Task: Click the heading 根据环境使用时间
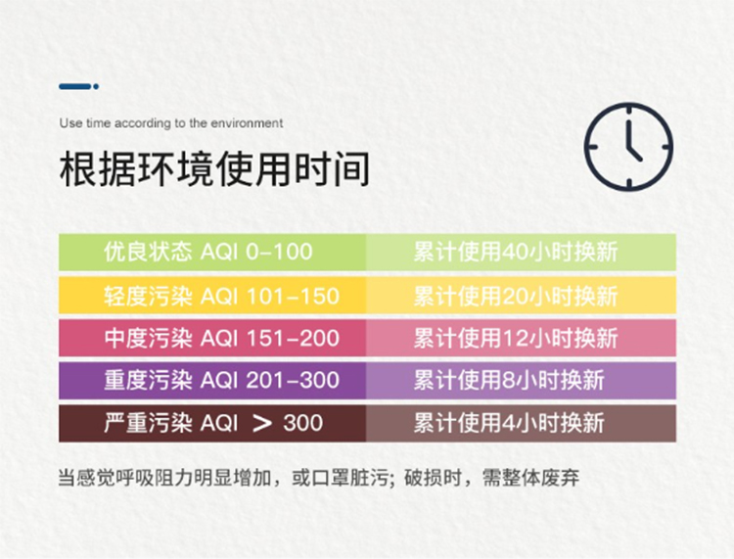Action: (215, 168)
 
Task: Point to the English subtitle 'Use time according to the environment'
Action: (171, 123)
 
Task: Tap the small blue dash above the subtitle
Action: (78, 86)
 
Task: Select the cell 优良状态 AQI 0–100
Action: (212, 252)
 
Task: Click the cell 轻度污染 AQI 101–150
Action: (212, 295)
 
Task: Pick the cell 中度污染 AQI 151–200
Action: (212, 338)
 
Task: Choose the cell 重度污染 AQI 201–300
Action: (212, 380)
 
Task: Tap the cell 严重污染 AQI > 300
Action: (212, 423)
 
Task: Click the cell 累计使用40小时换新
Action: (521, 252)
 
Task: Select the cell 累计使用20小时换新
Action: (521, 295)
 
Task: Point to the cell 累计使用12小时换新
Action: (521, 338)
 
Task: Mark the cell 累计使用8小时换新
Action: (521, 380)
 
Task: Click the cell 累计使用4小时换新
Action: (521, 423)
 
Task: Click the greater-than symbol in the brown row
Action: (261, 424)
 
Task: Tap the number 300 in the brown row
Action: (302, 423)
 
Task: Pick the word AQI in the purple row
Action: (219, 381)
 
